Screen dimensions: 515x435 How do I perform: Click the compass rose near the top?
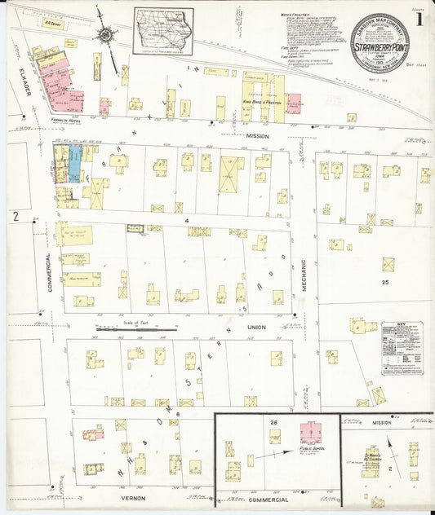[106, 34]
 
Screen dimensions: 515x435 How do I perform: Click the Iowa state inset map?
[164, 31]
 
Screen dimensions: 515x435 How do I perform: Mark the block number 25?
[384, 282]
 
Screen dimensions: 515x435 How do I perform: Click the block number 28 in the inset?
[274, 421]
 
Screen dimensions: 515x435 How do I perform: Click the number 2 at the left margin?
[15, 215]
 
